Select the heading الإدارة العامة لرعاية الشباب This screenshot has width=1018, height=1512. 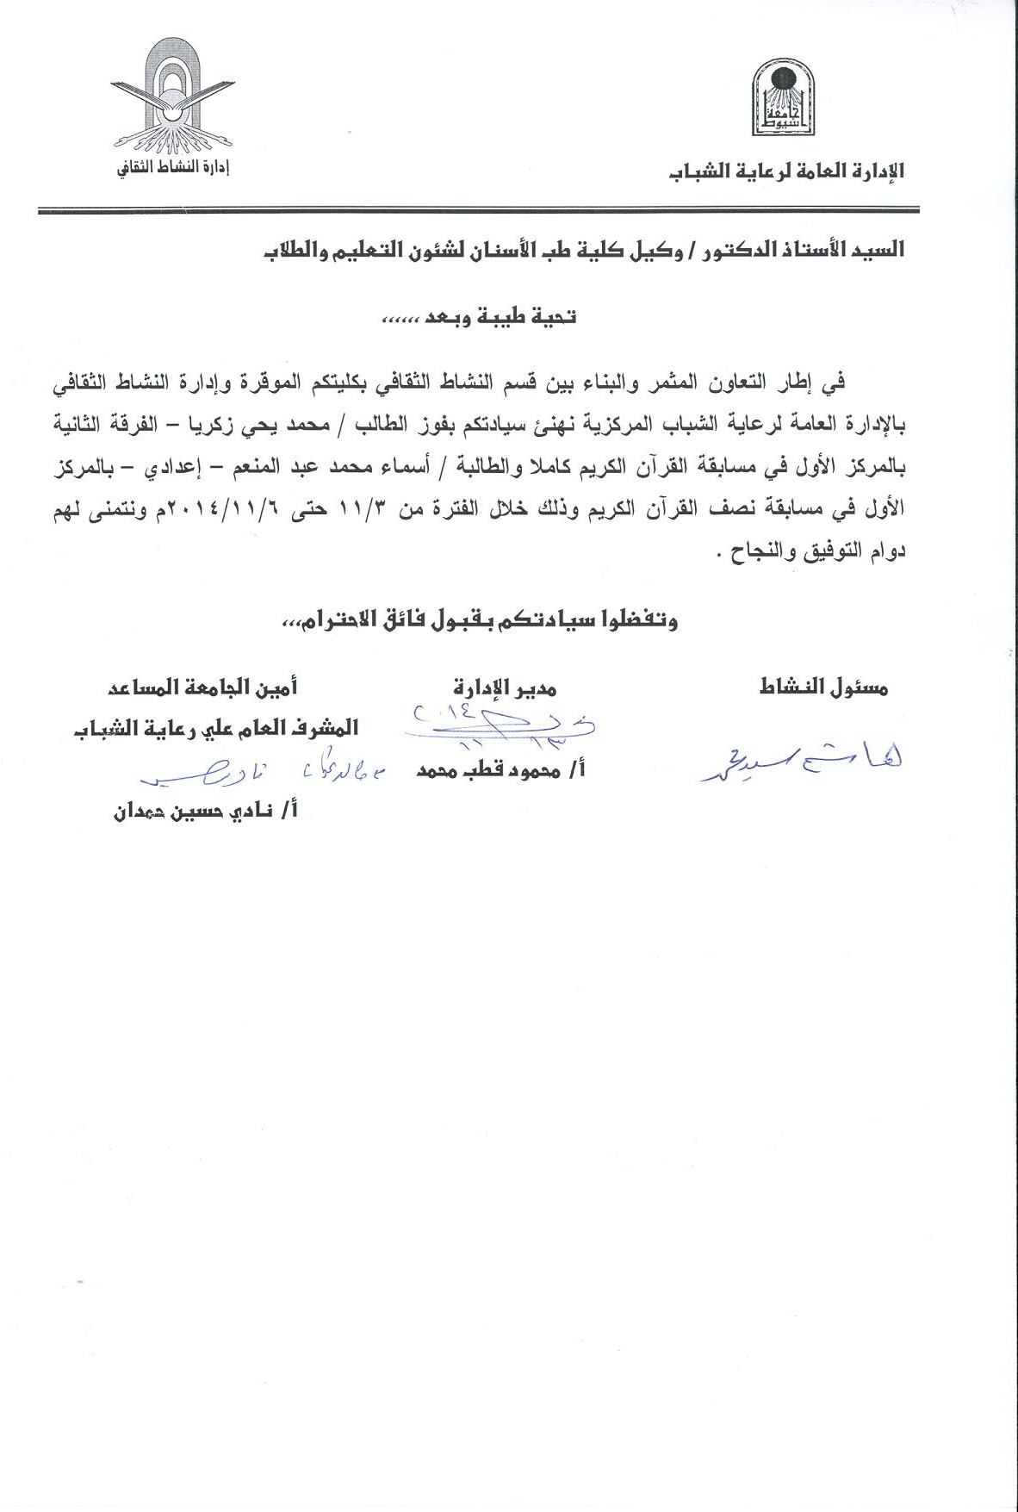787,171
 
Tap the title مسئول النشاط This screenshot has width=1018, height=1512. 824,688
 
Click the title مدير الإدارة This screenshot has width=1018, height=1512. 505,688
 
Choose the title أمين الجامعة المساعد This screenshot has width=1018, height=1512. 202,688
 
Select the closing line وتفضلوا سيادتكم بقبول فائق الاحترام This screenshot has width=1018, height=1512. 480,620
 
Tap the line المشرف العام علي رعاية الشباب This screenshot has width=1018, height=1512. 214,728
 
